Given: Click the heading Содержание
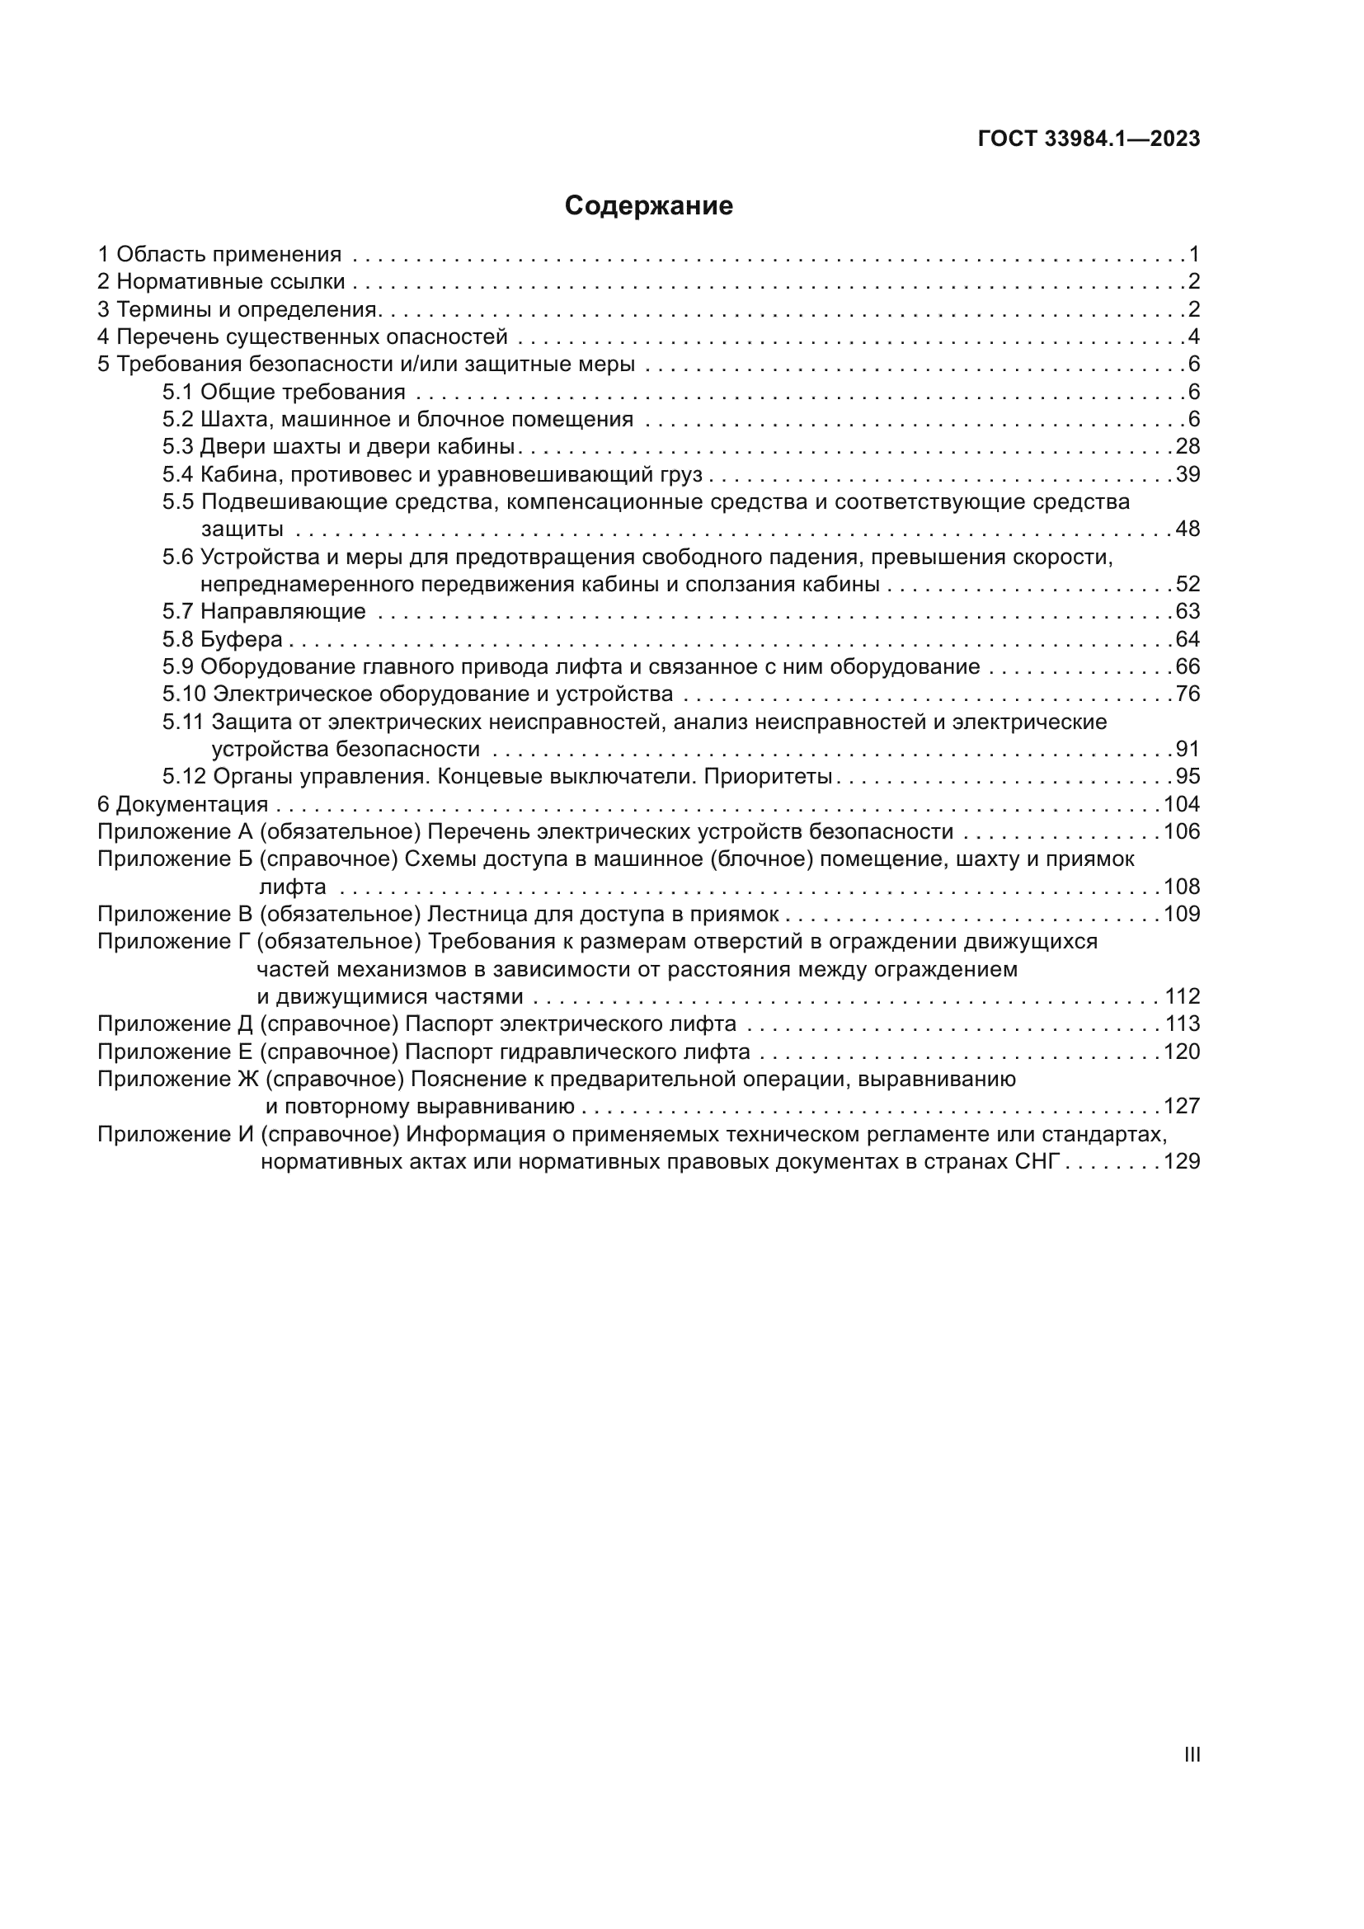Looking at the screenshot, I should pyautogui.click(x=648, y=205).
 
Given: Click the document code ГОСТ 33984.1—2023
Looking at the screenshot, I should pyautogui.click(x=1089, y=139).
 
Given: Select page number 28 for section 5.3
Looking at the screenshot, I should pyautogui.click(x=1188, y=446).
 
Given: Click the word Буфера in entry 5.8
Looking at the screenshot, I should pyautogui.click(x=241, y=639).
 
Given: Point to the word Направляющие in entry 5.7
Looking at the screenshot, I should pyautogui.click(x=283, y=612).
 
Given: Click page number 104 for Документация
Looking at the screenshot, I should pyautogui.click(x=1182, y=804).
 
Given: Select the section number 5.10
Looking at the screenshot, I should pyautogui.click(x=184, y=694).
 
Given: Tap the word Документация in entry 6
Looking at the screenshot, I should pyautogui.click(x=192, y=804).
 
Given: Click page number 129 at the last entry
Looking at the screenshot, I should pyautogui.click(x=1182, y=1162).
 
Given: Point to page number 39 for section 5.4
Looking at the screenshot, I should pyautogui.click(x=1188, y=474).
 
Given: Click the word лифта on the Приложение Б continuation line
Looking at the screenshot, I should pyautogui.click(x=292, y=887).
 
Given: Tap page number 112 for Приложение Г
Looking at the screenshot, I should pyautogui.click(x=1183, y=996).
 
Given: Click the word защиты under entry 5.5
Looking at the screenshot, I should pyautogui.click(x=241, y=529).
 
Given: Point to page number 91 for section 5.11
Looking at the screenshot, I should pyautogui.click(x=1188, y=750).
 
